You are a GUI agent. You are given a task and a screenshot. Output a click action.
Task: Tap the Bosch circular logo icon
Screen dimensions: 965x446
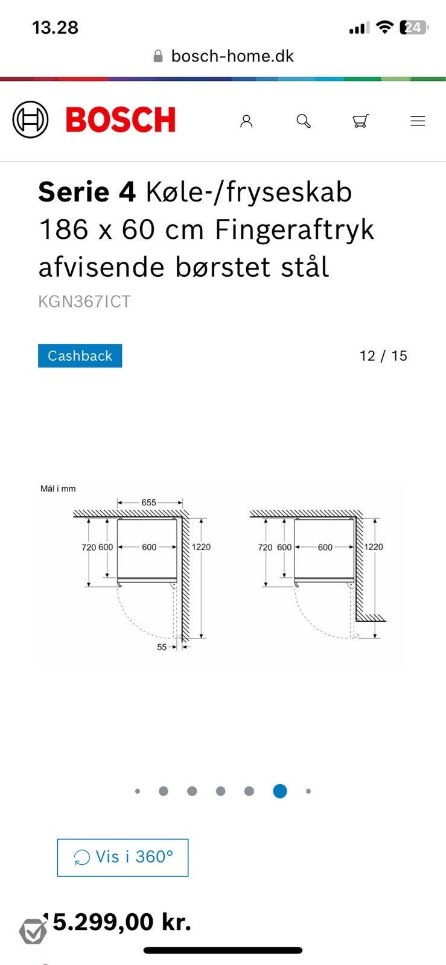[x=30, y=119]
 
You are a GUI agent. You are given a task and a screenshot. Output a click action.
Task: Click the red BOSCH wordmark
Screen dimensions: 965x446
[x=121, y=119]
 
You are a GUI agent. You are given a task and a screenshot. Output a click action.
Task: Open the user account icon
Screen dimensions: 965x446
[x=246, y=121]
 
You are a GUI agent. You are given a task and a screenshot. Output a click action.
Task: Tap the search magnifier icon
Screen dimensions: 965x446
[x=304, y=121]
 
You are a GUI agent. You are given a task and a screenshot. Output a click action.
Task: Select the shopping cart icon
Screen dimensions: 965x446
[x=360, y=121]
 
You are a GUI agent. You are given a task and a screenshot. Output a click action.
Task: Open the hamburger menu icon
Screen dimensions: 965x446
[x=418, y=121]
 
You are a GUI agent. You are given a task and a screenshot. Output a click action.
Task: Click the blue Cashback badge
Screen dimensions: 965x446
[x=80, y=356]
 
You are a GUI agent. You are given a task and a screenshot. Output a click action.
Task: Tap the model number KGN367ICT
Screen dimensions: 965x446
[x=84, y=302]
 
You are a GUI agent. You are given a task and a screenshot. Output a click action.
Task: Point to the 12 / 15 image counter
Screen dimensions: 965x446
[x=383, y=356]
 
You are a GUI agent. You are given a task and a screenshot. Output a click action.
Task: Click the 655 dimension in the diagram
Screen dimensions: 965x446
[x=149, y=502]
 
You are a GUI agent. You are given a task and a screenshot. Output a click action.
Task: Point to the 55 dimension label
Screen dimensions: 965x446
[x=162, y=647]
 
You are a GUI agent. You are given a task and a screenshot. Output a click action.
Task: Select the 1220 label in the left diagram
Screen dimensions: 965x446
[x=202, y=547]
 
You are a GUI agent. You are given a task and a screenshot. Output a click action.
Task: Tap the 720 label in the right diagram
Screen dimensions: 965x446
[x=266, y=548]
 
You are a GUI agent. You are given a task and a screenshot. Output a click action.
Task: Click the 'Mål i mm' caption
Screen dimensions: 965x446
[x=58, y=489]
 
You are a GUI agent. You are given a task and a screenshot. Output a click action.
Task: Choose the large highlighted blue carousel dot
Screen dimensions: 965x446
[x=280, y=791]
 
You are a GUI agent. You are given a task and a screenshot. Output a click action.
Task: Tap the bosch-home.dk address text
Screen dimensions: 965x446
[x=232, y=56]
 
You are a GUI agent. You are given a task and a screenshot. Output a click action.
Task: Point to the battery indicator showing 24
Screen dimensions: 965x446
[x=413, y=27]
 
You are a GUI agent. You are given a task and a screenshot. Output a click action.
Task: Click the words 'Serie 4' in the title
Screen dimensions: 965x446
[x=87, y=192]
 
